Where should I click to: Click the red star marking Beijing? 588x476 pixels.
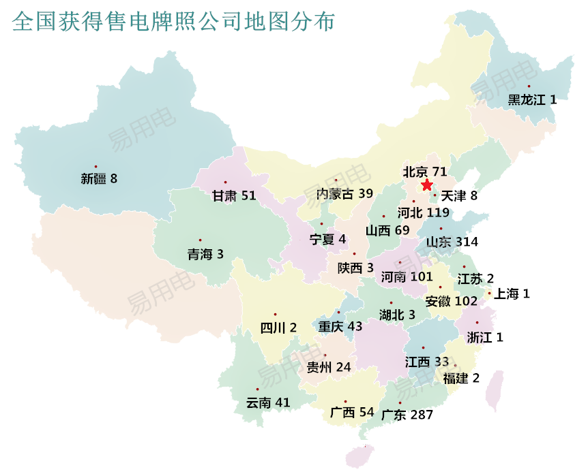point(427,185)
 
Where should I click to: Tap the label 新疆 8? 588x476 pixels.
point(99,180)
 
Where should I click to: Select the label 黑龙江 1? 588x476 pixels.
point(532,99)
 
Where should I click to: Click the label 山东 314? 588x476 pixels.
point(452,242)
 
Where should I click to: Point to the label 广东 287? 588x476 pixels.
point(407,414)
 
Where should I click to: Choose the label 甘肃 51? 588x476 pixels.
point(234,196)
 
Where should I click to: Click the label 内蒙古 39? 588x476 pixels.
point(344,193)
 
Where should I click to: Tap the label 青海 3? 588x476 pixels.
point(205,255)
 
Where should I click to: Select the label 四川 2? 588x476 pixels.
point(278,328)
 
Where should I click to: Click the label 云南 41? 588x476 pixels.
point(268,402)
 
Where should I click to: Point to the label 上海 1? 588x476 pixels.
point(512,293)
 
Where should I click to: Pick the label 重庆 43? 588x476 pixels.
point(340,326)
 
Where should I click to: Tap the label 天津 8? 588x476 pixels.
point(459,196)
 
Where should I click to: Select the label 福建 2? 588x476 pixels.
point(461,379)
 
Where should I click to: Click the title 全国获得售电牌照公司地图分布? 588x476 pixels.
point(174,22)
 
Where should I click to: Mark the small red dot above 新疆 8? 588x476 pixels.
point(96,166)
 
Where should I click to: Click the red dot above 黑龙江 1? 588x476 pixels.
point(529,86)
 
